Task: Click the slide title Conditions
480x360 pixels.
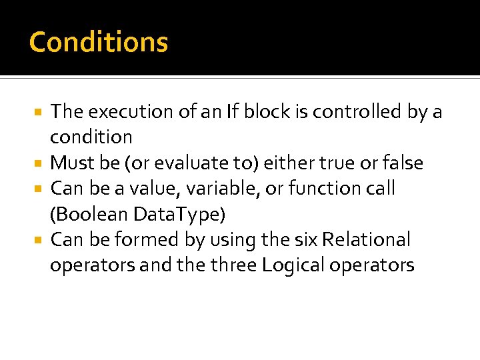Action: click(x=99, y=42)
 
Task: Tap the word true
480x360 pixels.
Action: click(x=339, y=163)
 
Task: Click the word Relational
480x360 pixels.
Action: click(x=372, y=239)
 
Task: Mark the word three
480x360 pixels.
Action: click(x=234, y=265)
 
